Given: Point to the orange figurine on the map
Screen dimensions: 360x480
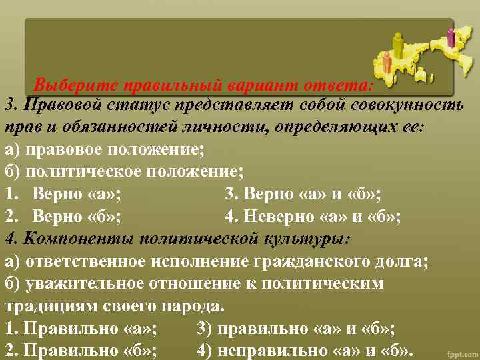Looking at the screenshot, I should (x=387, y=62).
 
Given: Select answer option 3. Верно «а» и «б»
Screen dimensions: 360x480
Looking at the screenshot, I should (x=303, y=195).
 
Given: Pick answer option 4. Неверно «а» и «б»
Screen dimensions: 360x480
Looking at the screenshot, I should (x=313, y=217).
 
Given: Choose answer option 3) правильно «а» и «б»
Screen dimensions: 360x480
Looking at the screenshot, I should (x=296, y=329).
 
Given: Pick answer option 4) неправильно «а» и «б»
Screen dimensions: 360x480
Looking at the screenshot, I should (x=306, y=351).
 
